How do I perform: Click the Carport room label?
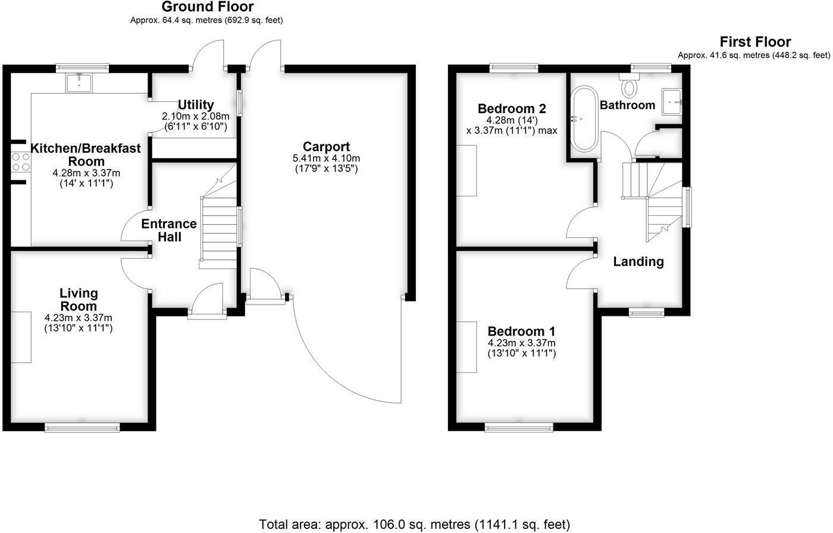(326, 146)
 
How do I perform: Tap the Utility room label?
(196, 105)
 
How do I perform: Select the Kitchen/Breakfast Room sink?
(79, 83)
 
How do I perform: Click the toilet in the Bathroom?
(628, 86)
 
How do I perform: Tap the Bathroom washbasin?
(673, 102)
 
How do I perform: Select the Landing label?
(638, 261)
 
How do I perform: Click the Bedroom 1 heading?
(521, 331)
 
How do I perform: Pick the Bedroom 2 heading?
(512, 109)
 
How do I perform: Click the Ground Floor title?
(207, 7)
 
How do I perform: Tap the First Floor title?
(755, 42)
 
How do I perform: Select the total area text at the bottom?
(415, 524)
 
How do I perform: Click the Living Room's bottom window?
(83, 427)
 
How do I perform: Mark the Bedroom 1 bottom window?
(519, 427)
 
